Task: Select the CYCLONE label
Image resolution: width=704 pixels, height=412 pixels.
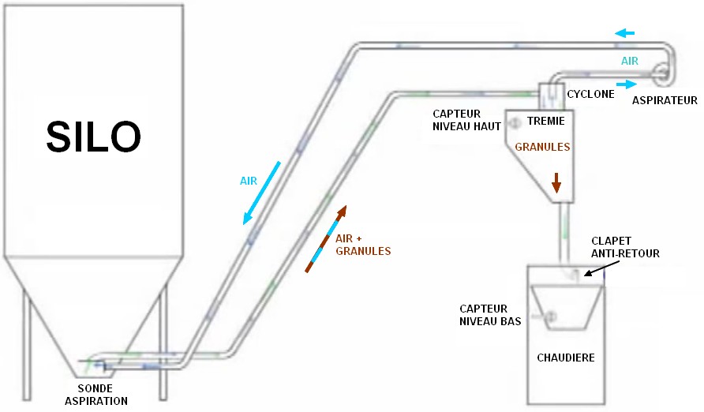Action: pos(590,94)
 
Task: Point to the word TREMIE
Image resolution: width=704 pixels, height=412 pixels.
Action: pos(545,121)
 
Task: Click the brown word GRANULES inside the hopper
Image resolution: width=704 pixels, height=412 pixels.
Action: pos(542,147)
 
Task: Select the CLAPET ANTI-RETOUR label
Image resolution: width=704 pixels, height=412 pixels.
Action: pos(625,246)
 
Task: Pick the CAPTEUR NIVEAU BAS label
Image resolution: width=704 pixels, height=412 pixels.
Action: pos(485,315)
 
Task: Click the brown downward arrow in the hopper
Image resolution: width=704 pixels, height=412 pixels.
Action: pos(556,183)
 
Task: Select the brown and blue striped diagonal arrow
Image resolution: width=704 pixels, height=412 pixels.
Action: pos(326,238)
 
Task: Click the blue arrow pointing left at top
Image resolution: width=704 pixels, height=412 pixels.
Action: pos(625,33)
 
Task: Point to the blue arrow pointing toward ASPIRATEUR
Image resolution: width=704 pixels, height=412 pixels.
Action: pos(626,84)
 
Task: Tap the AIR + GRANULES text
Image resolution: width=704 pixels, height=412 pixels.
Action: pos(363,245)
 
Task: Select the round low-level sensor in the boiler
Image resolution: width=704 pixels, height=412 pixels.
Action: pos(549,316)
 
